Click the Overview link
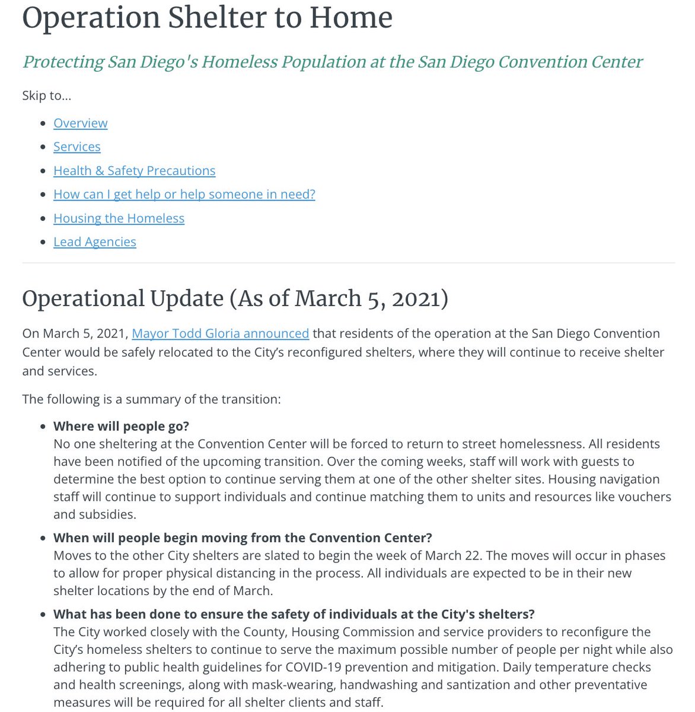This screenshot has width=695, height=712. (x=80, y=123)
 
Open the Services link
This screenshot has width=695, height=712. (x=76, y=147)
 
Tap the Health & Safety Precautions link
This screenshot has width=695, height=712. (x=134, y=170)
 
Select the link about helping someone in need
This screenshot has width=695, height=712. (x=184, y=194)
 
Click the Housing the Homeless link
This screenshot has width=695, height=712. (x=119, y=218)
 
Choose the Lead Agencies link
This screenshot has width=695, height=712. (x=94, y=241)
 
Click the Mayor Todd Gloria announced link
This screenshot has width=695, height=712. (x=220, y=333)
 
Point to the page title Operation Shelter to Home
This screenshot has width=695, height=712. (x=207, y=17)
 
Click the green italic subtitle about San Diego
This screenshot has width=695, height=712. (x=332, y=62)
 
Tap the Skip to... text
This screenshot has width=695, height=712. (x=46, y=96)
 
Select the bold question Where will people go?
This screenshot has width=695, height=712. (x=121, y=426)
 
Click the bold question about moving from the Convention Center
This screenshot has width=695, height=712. (x=243, y=538)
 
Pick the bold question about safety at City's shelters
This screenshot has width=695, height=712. (x=294, y=614)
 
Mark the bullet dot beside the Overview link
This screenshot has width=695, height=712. (x=42, y=123)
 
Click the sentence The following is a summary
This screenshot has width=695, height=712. (x=151, y=399)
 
